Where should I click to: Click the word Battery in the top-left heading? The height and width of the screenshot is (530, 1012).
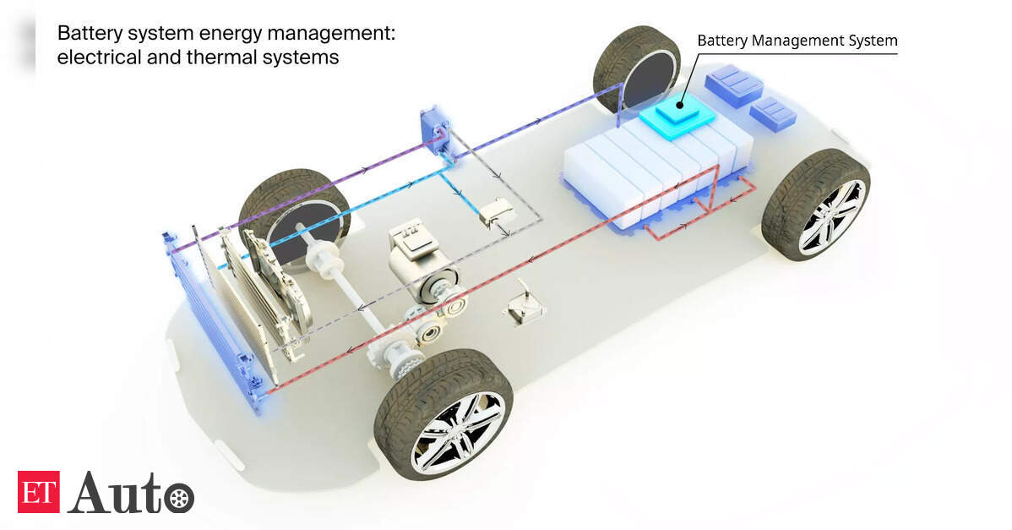pyautogui.click(x=89, y=34)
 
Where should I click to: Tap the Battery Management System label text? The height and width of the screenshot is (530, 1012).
pyautogui.click(x=797, y=41)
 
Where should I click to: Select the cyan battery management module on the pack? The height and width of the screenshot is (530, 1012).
pyautogui.click(x=677, y=115)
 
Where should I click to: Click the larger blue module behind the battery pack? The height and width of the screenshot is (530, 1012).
pyautogui.click(x=734, y=85)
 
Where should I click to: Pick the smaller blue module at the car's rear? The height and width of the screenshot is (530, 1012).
pyautogui.click(x=773, y=114)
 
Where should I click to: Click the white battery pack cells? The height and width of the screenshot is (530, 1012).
pyautogui.click(x=658, y=170)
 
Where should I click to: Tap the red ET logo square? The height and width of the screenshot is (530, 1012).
pyautogui.click(x=39, y=492)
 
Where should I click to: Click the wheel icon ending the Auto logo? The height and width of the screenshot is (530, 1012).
pyautogui.click(x=179, y=499)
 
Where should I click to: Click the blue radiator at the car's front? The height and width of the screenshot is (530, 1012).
pyautogui.click(x=213, y=323)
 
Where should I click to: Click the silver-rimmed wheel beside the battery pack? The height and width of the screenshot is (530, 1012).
pyautogui.click(x=816, y=205)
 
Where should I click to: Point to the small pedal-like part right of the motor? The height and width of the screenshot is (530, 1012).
pyautogui.click(x=524, y=308)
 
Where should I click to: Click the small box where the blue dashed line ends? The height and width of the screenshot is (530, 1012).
pyautogui.click(x=496, y=214)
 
